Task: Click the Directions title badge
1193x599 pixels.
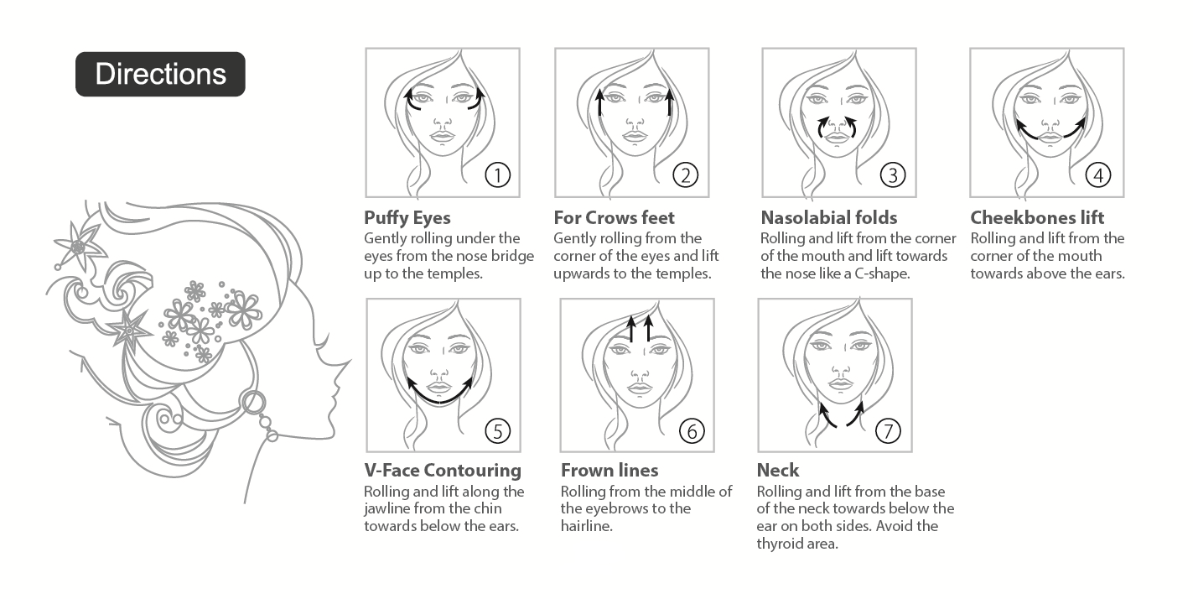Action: (x=160, y=74)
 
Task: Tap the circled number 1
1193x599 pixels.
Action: (x=497, y=174)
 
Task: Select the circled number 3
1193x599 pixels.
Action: (x=893, y=174)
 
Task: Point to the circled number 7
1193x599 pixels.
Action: (x=888, y=430)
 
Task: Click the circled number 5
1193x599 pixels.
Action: (x=497, y=430)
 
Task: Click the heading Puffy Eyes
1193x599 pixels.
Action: (x=407, y=218)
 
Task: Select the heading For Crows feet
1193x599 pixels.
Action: (x=614, y=217)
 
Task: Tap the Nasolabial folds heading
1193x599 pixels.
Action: (x=829, y=217)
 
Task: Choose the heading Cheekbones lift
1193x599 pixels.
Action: (x=1037, y=217)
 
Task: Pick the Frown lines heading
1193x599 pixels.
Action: (x=609, y=470)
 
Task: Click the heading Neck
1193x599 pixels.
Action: (x=777, y=470)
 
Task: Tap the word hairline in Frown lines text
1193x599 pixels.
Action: (x=586, y=526)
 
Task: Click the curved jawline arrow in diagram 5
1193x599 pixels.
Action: (x=440, y=400)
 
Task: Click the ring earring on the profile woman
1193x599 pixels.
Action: (x=253, y=403)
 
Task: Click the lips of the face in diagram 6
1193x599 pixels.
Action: (x=637, y=388)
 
